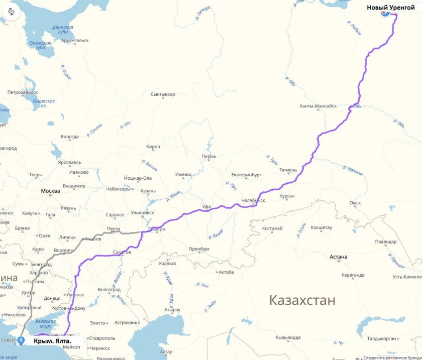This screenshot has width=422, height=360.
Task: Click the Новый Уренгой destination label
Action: coord(391,8)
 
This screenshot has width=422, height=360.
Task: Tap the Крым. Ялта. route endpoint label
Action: coord(52,341)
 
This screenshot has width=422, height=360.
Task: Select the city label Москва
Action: coord(51,191)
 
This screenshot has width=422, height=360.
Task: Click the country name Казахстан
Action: coord(301,300)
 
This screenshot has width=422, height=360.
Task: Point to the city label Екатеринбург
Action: coord(247,175)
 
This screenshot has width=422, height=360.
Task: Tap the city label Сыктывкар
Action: coord(163,94)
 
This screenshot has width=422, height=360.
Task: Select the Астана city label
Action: coord(338,257)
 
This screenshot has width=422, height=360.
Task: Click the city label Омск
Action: coord(355,203)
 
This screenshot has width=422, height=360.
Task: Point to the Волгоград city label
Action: coord(109,290)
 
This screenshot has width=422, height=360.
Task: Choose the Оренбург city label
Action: coord(198,249)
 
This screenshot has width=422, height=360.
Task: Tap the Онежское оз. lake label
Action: coord(44,103)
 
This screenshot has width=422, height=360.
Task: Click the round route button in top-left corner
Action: coord(11,12)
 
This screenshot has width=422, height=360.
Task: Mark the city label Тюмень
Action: coord(288,170)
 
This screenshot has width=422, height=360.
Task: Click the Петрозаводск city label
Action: coord(23,92)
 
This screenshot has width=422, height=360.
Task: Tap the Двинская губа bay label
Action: coord(63,30)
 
